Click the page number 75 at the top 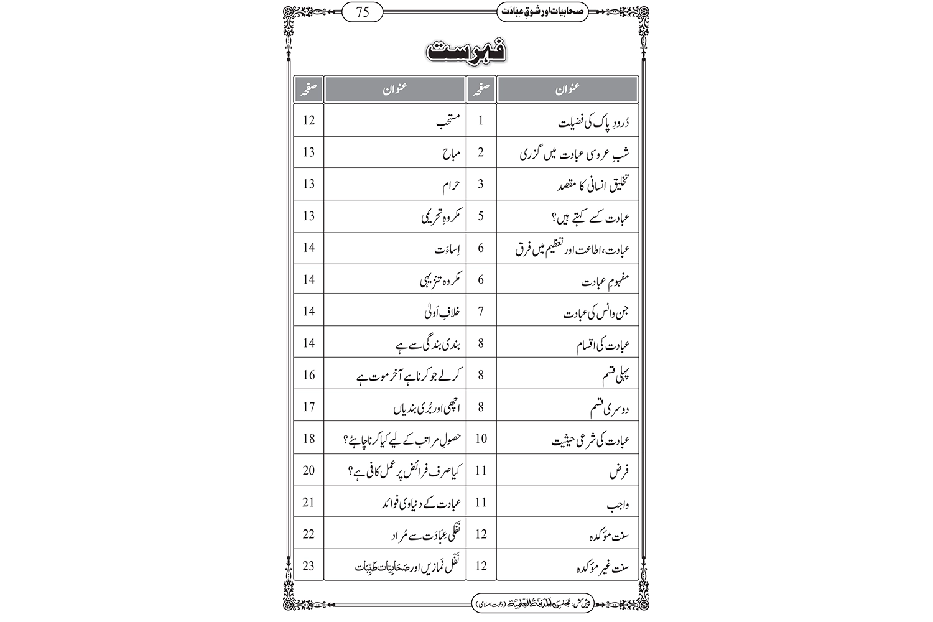[364, 11]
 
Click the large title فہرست [466, 52]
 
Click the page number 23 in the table [309, 566]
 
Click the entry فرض [619, 472]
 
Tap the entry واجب [618, 504]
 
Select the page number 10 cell [481, 439]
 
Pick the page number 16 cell [309, 375]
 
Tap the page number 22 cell [309, 534]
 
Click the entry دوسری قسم [610, 409]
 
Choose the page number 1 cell [481, 121]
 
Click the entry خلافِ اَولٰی [442, 312]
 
